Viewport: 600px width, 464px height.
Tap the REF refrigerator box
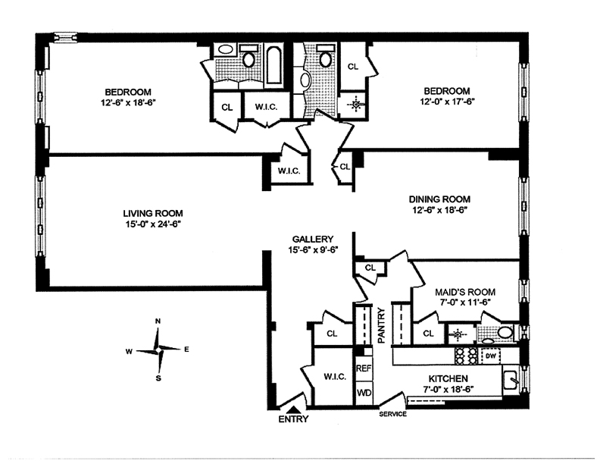pos(364,367)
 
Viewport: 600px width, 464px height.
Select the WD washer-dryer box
pos(364,393)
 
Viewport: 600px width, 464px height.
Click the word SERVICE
pos(393,414)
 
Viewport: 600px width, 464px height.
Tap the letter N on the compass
pos(158,321)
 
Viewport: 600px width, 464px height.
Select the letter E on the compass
pos(186,350)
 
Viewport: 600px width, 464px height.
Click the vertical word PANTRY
pos(382,324)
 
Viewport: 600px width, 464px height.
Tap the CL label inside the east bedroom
pos(353,67)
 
